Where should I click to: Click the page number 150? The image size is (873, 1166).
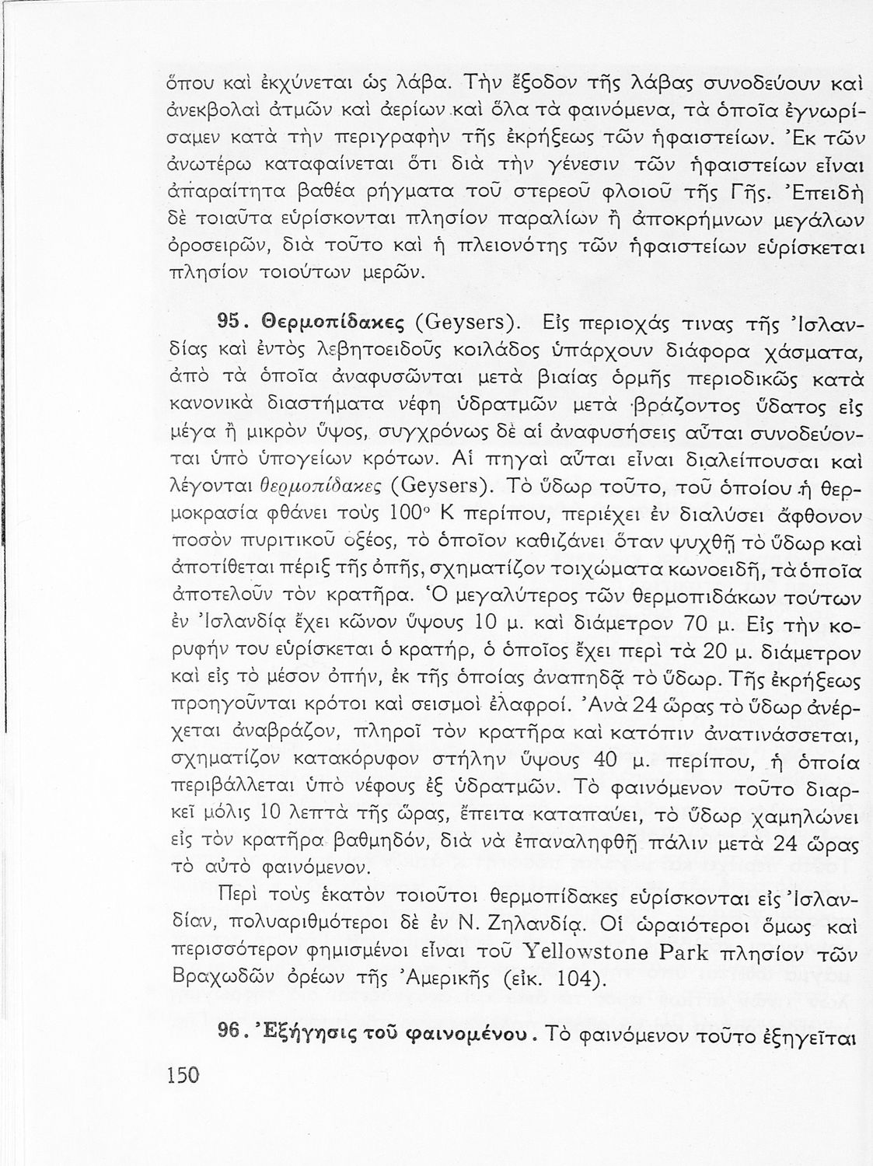[x=183, y=1075]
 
